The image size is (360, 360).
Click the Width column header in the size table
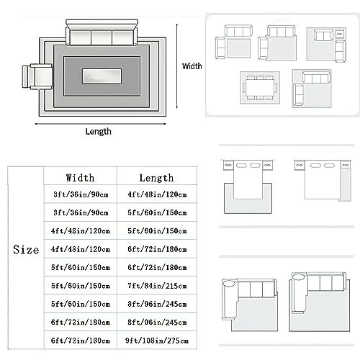point(80,178)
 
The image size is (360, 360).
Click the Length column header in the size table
point(156,178)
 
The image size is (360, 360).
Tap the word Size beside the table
point(26,250)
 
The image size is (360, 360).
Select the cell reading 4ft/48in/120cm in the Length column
point(157,194)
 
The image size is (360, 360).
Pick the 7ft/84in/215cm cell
point(157,286)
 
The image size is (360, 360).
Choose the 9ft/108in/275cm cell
point(157,341)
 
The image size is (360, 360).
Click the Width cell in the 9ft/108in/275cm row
point(81,341)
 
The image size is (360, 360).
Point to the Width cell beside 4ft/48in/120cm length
point(81,194)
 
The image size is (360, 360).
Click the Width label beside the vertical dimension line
point(192,66)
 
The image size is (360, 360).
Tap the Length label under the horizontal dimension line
point(99,132)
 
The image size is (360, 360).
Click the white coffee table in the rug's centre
point(102,76)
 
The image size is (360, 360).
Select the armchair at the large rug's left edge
point(37,76)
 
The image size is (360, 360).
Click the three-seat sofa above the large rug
point(102,32)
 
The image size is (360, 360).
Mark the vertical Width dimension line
point(177,66)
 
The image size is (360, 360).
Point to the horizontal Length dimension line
point(101,124)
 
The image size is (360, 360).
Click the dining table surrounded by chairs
point(259,88)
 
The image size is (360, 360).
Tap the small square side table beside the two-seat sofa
point(339,34)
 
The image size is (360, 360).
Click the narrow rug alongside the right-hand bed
point(346,184)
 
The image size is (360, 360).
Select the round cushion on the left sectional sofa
point(229,283)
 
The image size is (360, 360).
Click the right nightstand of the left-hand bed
point(267,165)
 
